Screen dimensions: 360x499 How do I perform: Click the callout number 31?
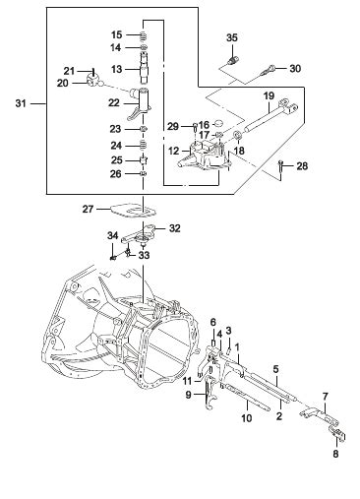click(21, 103)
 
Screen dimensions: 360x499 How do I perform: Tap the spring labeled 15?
click(144, 35)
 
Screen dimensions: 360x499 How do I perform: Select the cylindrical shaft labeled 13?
click(144, 68)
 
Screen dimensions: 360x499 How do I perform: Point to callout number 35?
click(232, 37)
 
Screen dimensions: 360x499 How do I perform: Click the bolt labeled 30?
click(267, 71)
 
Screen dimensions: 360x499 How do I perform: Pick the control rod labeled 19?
click(271, 113)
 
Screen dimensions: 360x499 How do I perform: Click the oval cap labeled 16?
click(216, 123)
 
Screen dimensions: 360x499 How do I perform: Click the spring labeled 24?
click(144, 145)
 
